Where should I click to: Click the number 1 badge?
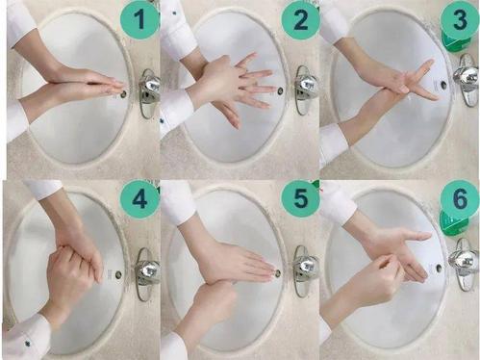coord(139,20)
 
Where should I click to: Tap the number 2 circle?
coord(300,20)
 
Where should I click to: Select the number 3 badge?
coord(460,18)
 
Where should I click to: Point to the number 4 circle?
coord(139,199)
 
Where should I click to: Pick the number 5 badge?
coord(300,198)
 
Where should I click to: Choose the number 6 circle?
coord(460,198)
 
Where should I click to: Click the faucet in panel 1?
coord(149,93)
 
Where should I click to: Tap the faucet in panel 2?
coord(305,90)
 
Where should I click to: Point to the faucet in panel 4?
coord(147,272)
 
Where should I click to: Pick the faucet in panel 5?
coord(305,270)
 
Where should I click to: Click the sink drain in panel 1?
coord(123,93)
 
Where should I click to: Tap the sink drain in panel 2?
coord(281,91)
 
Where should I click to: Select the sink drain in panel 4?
coord(119,274)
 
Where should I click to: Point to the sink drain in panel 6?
coord(439,267)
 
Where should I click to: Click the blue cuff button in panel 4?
coord(28,344)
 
